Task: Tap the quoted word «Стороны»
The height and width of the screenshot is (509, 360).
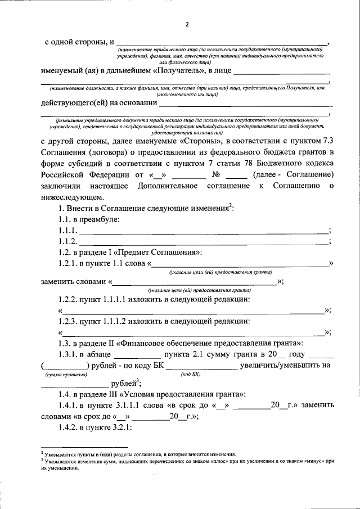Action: point(201,141)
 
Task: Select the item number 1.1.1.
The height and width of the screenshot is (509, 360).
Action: point(67,231)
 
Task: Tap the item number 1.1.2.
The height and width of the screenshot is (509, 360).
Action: point(67,241)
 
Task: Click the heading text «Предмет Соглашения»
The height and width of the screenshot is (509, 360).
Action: point(163,253)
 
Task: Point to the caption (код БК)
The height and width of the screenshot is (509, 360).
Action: point(190,375)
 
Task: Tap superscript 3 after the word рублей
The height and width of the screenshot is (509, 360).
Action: point(130,381)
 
